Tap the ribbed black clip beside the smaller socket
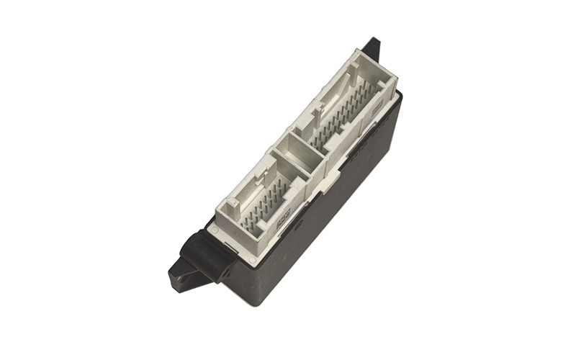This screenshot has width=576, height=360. click(206, 248)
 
